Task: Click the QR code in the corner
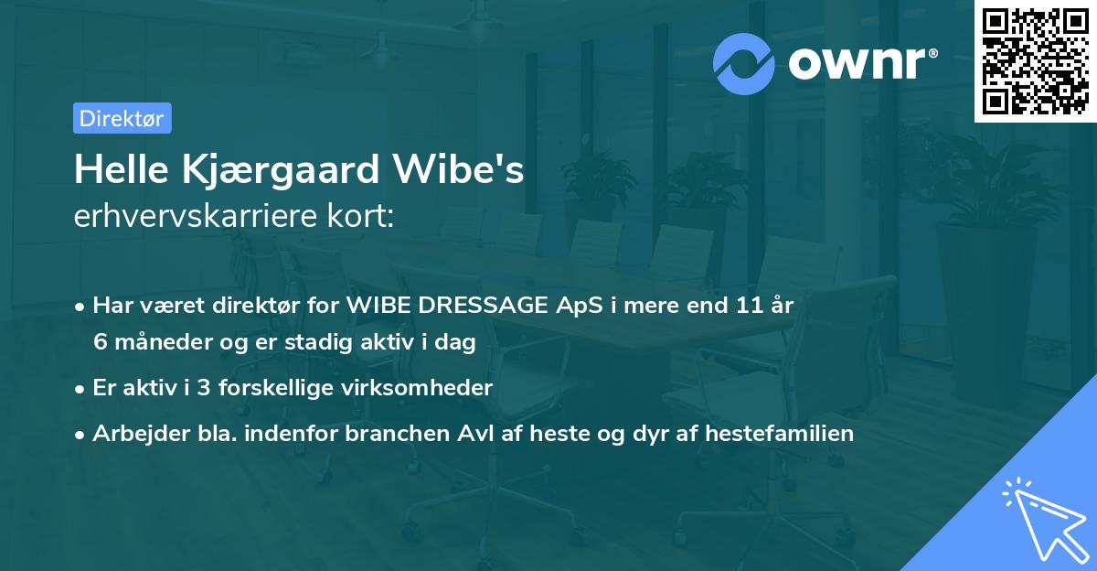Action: pos(1034,61)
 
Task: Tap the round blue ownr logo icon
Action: pos(745,62)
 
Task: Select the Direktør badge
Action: pos(122,118)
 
